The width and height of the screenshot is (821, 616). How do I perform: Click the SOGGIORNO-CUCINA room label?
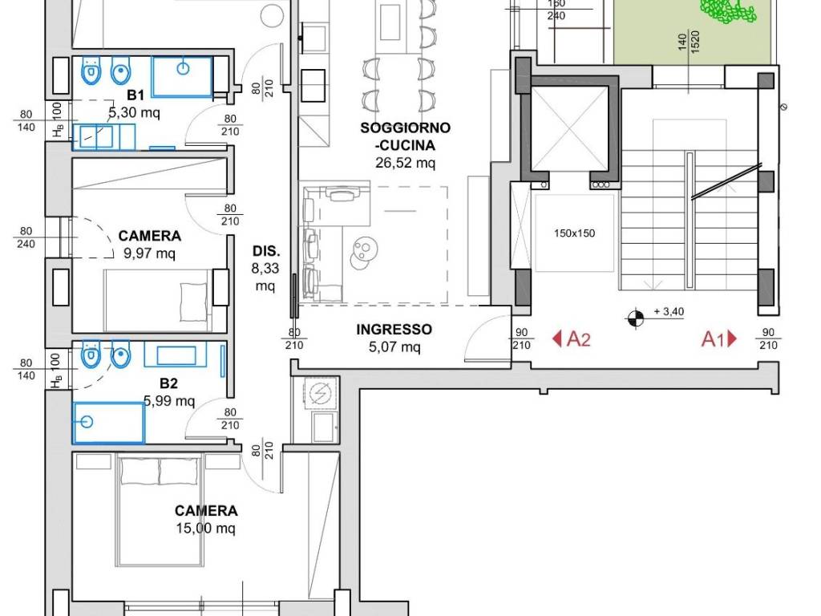(x=405, y=136)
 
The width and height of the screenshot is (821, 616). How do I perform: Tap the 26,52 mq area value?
(x=405, y=163)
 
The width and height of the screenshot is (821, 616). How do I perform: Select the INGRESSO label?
(x=394, y=330)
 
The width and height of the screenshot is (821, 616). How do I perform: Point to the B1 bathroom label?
(x=135, y=95)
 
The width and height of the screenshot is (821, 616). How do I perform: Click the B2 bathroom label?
(x=168, y=383)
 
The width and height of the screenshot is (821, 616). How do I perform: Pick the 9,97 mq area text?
(x=150, y=254)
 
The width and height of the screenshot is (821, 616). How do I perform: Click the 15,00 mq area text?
(x=206, y=528)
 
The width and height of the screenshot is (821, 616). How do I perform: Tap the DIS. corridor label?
(x=266, y=251)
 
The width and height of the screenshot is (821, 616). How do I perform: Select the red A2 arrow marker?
(x=572, y=339)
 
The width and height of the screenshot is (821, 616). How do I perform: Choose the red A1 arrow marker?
(x=719, y=339)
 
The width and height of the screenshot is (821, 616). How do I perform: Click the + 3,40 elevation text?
(x=669, y=312)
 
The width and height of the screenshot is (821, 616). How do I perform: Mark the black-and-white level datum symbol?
(x=636, y=318)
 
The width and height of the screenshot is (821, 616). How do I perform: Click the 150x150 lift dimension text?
(x=574, y=233)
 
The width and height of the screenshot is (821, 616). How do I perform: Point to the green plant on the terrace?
(x=728, y=10)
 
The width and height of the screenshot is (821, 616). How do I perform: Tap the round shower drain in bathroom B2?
(x=87, y=421)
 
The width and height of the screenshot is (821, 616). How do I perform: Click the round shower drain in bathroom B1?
(x=183, y=68)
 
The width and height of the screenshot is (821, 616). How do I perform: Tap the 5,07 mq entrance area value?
(x=394, y=346)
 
